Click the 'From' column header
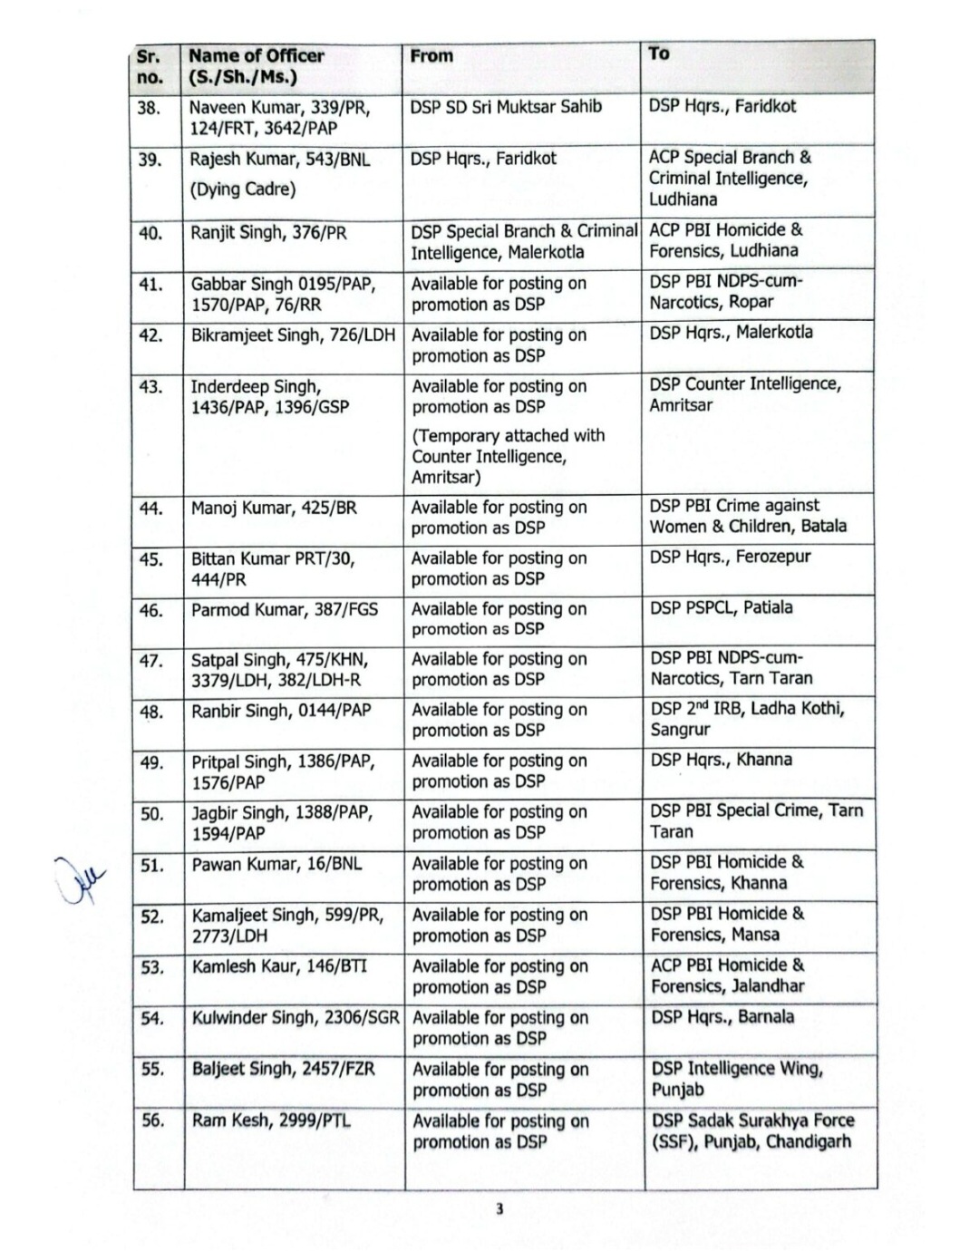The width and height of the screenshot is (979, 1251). pos(431,56)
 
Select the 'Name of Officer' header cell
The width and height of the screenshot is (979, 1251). pos(256,66)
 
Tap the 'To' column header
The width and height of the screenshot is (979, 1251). pos(659,53)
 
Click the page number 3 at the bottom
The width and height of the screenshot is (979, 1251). pos(499,1208)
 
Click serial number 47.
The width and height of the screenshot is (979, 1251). pos(151,661)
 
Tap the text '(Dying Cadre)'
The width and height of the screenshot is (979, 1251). pos(243,189)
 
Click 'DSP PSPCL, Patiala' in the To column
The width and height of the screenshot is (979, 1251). pos(721,607)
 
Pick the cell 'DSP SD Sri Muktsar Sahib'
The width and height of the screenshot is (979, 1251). pos(506,107)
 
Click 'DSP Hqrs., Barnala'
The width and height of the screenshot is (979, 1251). pos(722,1017)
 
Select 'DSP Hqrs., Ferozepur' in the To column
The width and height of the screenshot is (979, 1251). pos(730,557)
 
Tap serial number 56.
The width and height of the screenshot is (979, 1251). pos(153,1120)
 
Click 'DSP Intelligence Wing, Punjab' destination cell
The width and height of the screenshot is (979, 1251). pos(737,1079)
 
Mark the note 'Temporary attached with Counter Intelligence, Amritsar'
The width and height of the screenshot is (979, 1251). pos(508,456)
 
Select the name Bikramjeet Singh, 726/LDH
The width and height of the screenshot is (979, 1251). pos(293,335)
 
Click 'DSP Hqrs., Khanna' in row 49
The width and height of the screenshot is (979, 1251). pos(721,760)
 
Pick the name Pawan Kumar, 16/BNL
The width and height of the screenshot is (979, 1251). pos(276,864)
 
